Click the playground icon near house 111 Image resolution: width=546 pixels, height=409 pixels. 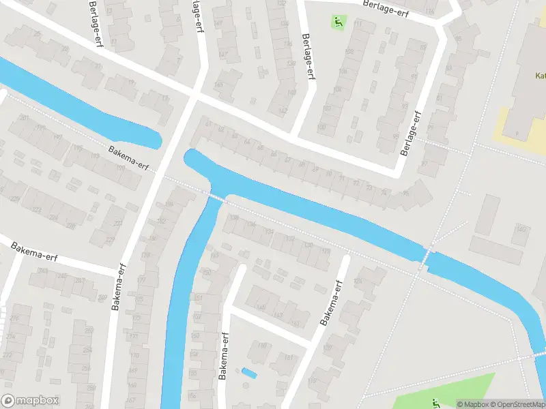338,22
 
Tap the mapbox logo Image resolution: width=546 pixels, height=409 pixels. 30,401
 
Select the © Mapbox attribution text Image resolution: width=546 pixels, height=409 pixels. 472,404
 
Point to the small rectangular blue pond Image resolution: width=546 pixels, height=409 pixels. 249,373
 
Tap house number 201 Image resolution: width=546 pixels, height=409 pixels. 25,118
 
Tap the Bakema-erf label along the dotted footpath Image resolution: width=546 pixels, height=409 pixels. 128,158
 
